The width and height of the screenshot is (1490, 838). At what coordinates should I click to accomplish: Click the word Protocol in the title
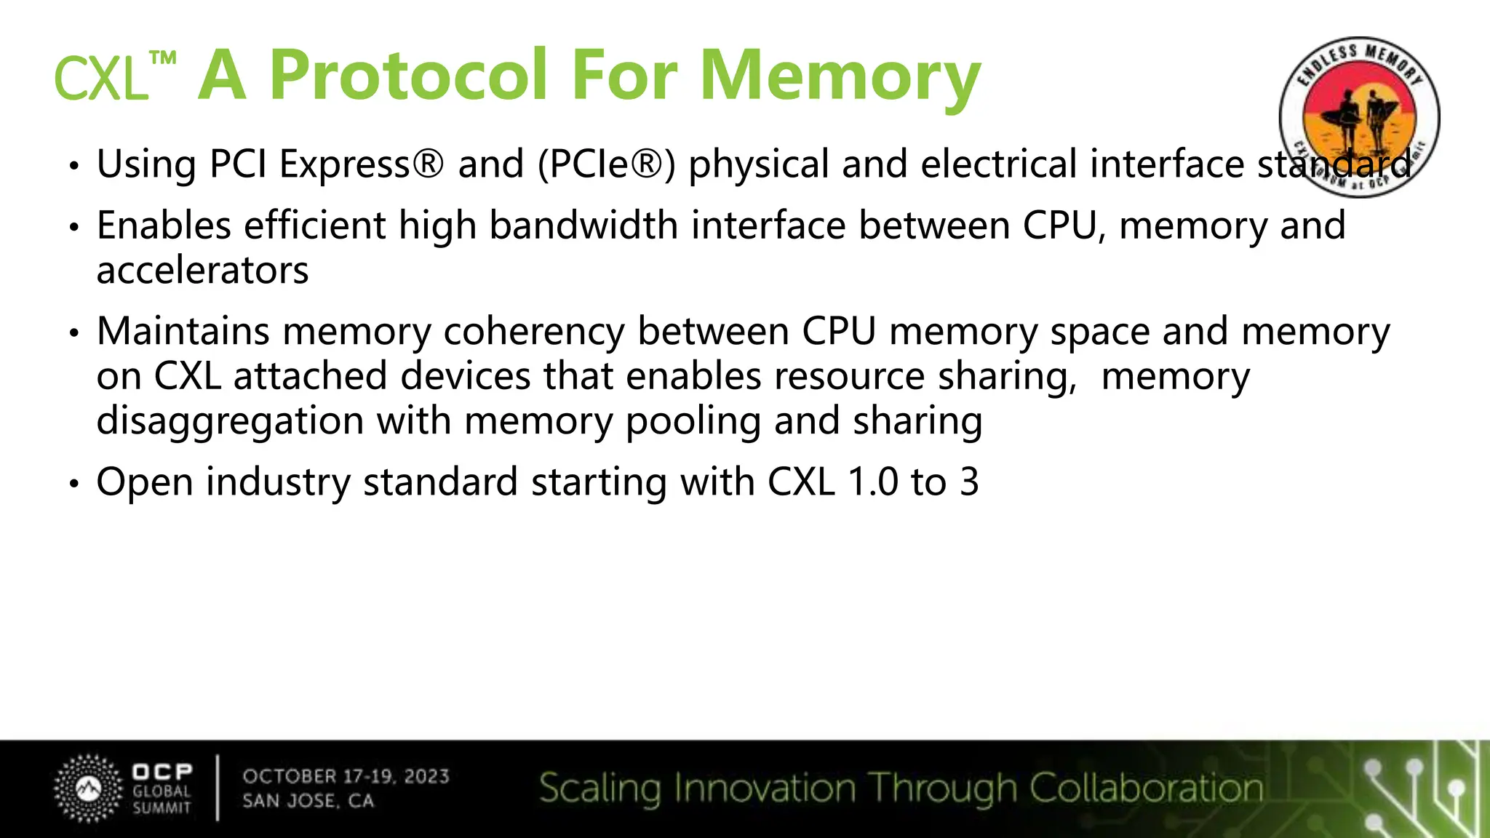(x=408, y=75)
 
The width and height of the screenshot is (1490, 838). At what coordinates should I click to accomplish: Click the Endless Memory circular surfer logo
(x=1359, y=116)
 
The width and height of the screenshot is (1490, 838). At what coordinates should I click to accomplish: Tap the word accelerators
(x=202, y=271)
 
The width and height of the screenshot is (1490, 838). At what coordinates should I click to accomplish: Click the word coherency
(x=534, y=332)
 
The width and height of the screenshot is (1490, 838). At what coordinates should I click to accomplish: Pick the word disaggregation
(x=230, y=421)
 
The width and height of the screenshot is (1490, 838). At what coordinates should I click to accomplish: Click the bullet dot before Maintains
(x=73, y=334)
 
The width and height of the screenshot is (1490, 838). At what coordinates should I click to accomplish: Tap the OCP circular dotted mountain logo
(x=89, y=789)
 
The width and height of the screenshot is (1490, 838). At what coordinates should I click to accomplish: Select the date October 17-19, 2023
(x=346, y=776)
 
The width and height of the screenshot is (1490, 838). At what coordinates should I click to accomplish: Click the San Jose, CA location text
(x=308, y=801)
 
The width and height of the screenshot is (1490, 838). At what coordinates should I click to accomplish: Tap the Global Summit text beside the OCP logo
(x=162, y=799)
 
